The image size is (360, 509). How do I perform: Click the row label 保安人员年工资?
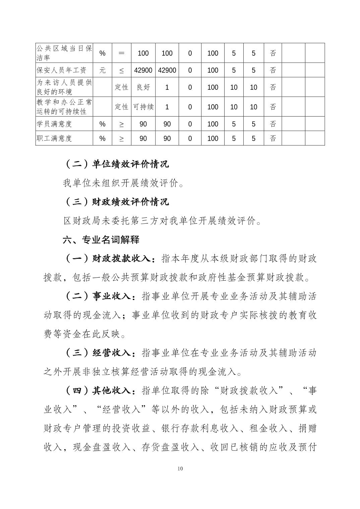coord(61,70)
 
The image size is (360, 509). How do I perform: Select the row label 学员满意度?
coord(54,124)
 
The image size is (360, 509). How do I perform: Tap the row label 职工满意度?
coord(54,138)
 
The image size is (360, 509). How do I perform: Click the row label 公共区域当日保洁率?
coord(64,53)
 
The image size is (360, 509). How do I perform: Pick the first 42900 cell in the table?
coord(143,70)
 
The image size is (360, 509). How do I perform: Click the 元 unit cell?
coord(102,70)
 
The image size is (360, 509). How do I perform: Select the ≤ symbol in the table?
coord(121,70)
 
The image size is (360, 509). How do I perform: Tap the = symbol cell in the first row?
coord(121,53)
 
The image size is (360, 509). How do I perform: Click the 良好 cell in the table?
coord(143,87)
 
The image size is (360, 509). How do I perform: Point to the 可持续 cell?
coord(143,107)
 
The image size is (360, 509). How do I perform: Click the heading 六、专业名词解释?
coord(101,240)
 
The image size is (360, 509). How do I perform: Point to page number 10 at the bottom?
coord(180,468)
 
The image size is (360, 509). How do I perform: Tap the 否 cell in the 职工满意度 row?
coord(273,138)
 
